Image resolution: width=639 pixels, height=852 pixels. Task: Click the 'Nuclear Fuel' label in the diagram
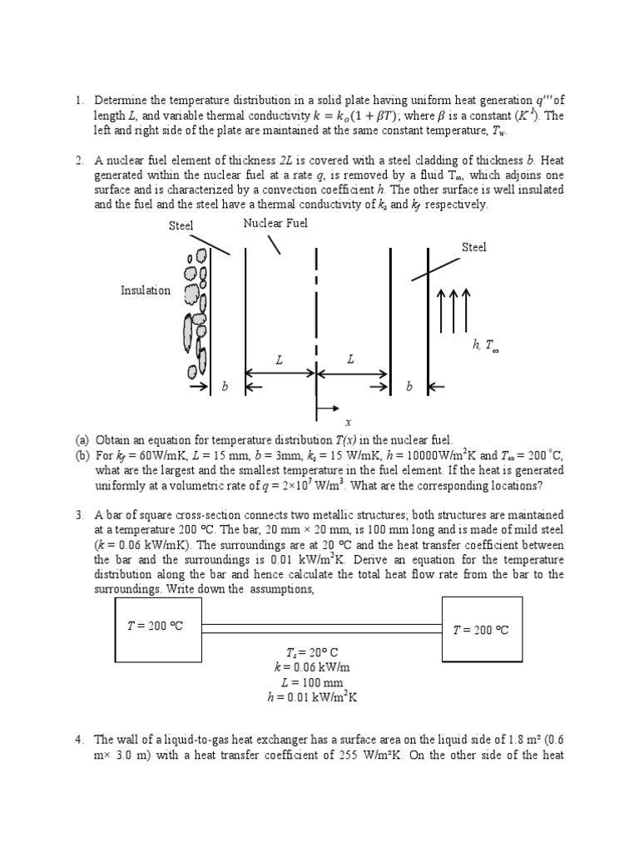pyautogui.click(x=275, y=223)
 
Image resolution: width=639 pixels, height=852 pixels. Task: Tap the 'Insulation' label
pyautogui.click(x=146, y=290)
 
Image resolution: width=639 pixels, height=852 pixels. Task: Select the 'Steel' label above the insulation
pyautogui.click(x=181, y=225)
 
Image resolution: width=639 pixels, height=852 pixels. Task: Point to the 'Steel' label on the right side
pyautogui.click(x=473, y=247)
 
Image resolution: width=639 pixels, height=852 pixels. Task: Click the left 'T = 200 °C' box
pyautogui.click(x=157, y=626)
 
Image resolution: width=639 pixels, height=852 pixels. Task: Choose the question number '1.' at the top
pyautogui.click(x=80, y=101)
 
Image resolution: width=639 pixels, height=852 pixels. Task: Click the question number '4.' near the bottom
pyautogui.click(x=80, y=739)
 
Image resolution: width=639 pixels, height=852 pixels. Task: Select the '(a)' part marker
pyautogui.click(x=82, y=439)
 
